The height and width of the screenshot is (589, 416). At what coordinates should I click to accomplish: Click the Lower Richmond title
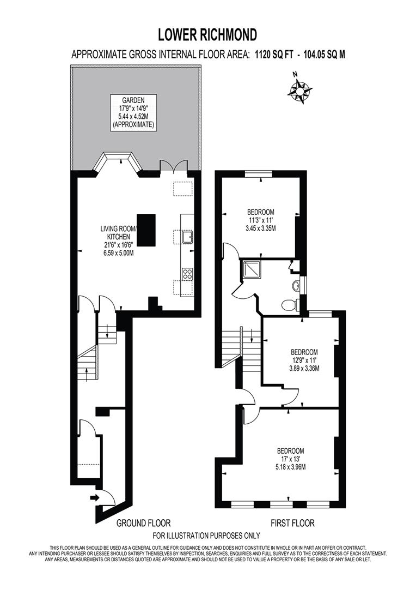[207, 35]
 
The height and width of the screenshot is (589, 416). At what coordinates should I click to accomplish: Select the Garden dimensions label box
[133, 112]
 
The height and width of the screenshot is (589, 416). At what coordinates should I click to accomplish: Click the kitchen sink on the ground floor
[188, 236]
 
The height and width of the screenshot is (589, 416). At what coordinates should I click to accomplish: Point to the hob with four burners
[188, 274]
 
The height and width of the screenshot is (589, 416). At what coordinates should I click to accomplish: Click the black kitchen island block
[146, 230]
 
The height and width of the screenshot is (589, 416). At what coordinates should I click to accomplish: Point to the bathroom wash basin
[296, 285]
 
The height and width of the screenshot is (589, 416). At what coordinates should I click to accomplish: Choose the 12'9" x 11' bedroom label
[304, 360]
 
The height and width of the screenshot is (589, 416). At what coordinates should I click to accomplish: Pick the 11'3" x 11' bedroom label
[261, 220]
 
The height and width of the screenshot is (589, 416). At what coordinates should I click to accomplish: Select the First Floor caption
[292, 523]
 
